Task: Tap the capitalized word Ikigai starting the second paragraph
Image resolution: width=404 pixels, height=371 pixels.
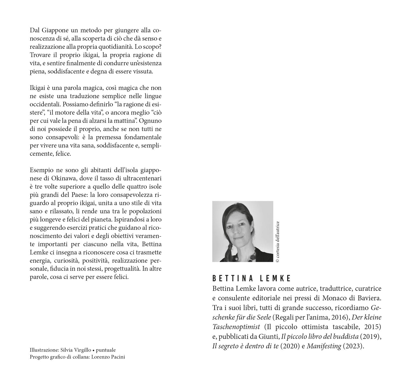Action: (37, 88)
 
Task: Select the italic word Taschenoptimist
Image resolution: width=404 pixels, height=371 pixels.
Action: (236, 327)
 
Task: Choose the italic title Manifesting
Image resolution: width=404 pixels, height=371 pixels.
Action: (324, 346)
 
